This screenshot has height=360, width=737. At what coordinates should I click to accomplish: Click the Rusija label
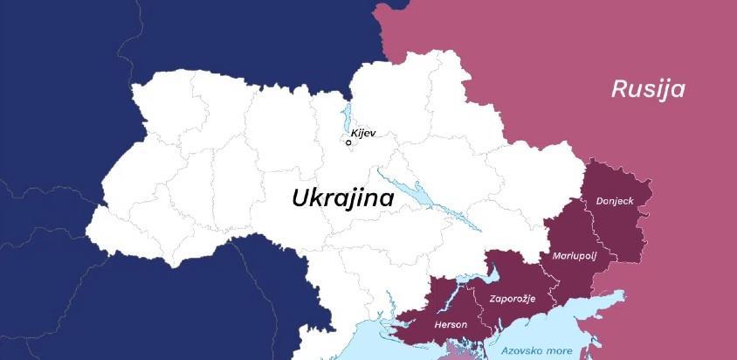click(x=647, y=89)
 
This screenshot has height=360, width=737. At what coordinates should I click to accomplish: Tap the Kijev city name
click(x=362, y=134)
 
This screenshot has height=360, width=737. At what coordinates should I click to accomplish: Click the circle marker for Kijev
click(x=349, y=142)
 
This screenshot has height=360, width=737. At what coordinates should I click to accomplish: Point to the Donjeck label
click(x=614, y=201)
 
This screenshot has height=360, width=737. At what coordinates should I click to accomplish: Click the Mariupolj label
click(x=575, y=256)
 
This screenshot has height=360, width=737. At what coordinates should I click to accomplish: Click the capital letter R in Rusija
click(x=617, y=89)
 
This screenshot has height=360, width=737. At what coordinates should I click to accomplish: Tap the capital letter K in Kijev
click(x=354, y=134)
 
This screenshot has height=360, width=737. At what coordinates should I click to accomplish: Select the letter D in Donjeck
click(x=599, y=201)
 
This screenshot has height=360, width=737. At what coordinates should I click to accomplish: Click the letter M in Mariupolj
click(x=556, y=256)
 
